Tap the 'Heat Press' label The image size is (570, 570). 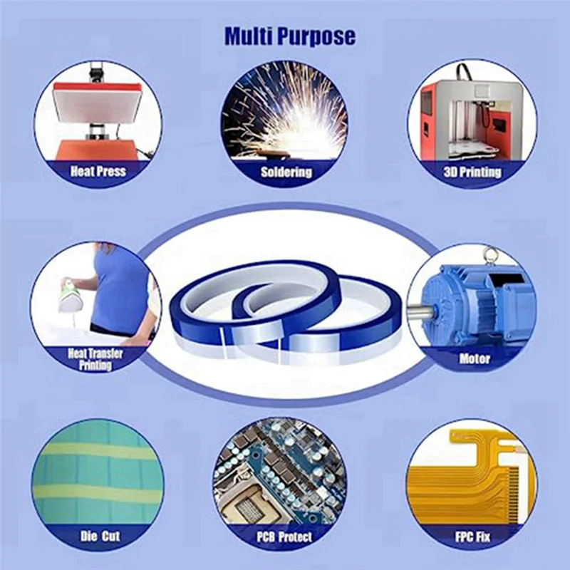[98, 171]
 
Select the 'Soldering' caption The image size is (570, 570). [286, 172]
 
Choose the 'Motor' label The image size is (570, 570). [475, 358]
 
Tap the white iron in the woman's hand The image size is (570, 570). [70, 294]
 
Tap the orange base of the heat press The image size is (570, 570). [93, 150]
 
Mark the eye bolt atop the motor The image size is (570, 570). [488, 253]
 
